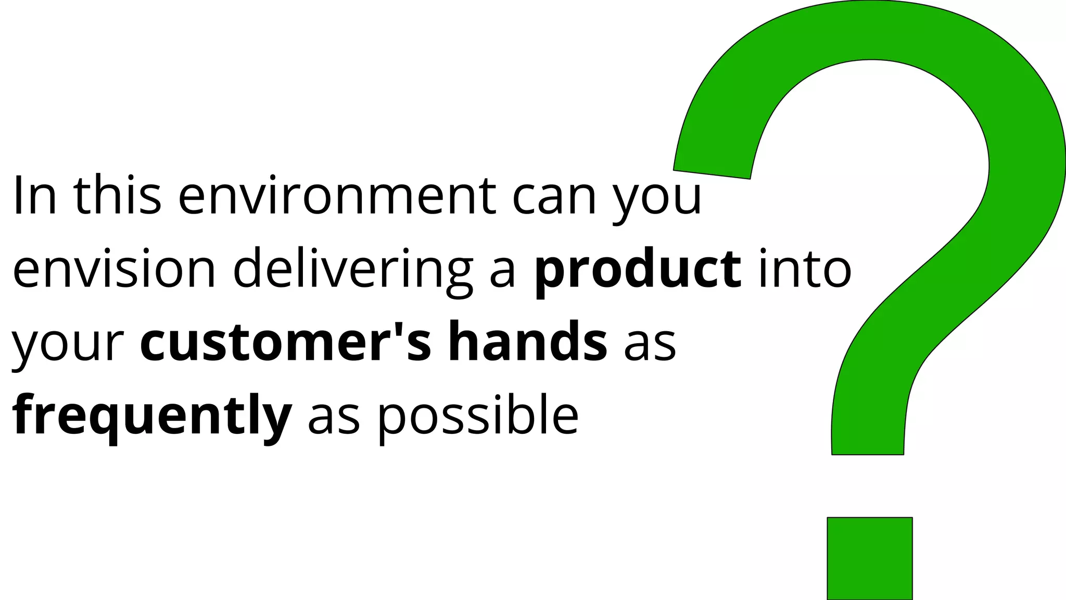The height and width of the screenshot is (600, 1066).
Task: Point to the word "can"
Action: point(554,197)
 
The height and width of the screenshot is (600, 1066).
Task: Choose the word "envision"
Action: point(114,269)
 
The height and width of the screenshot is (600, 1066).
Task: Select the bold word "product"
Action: point(638,269)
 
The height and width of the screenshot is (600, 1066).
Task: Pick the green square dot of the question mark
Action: point(870,558)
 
